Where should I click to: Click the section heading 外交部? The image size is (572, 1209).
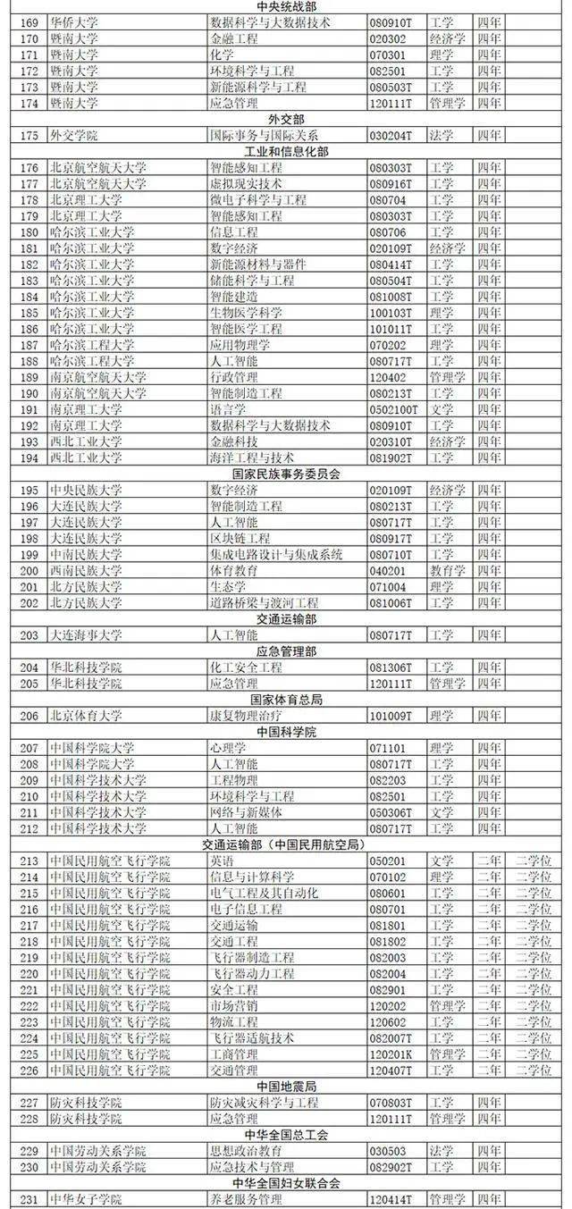(x=286, y=120)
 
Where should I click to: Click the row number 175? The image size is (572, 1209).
(x=29, y=136)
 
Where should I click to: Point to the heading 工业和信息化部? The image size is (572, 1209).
(x=286, y=152)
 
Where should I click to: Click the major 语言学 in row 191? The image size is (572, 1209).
(x=228, y=409)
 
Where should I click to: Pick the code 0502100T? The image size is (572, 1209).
(x=394, y=409)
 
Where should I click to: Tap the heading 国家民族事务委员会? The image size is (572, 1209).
(x=286, y=474)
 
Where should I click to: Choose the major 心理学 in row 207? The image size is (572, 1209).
(x=228, y=748)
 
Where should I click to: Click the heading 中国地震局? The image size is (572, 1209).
(x=286, y=1086)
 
